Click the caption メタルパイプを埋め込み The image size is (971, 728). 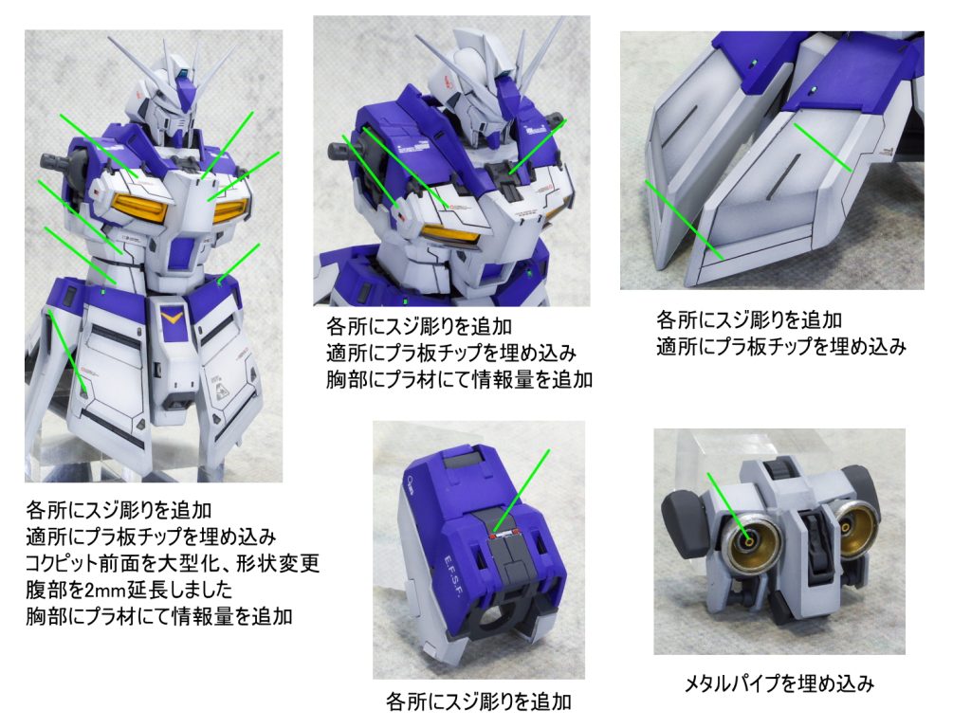point(779,683)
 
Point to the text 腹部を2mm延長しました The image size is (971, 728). point(129,590)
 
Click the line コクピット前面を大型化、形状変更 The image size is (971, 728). point(173,563)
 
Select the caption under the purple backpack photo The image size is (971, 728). point(478,701)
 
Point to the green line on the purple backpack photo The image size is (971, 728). point(522,490)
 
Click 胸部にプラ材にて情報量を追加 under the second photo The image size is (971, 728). point(460,379)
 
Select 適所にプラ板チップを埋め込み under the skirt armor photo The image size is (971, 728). point(781,347)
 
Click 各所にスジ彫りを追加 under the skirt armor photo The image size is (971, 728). point(749,320)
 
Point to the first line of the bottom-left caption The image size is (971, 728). point(119,510)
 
